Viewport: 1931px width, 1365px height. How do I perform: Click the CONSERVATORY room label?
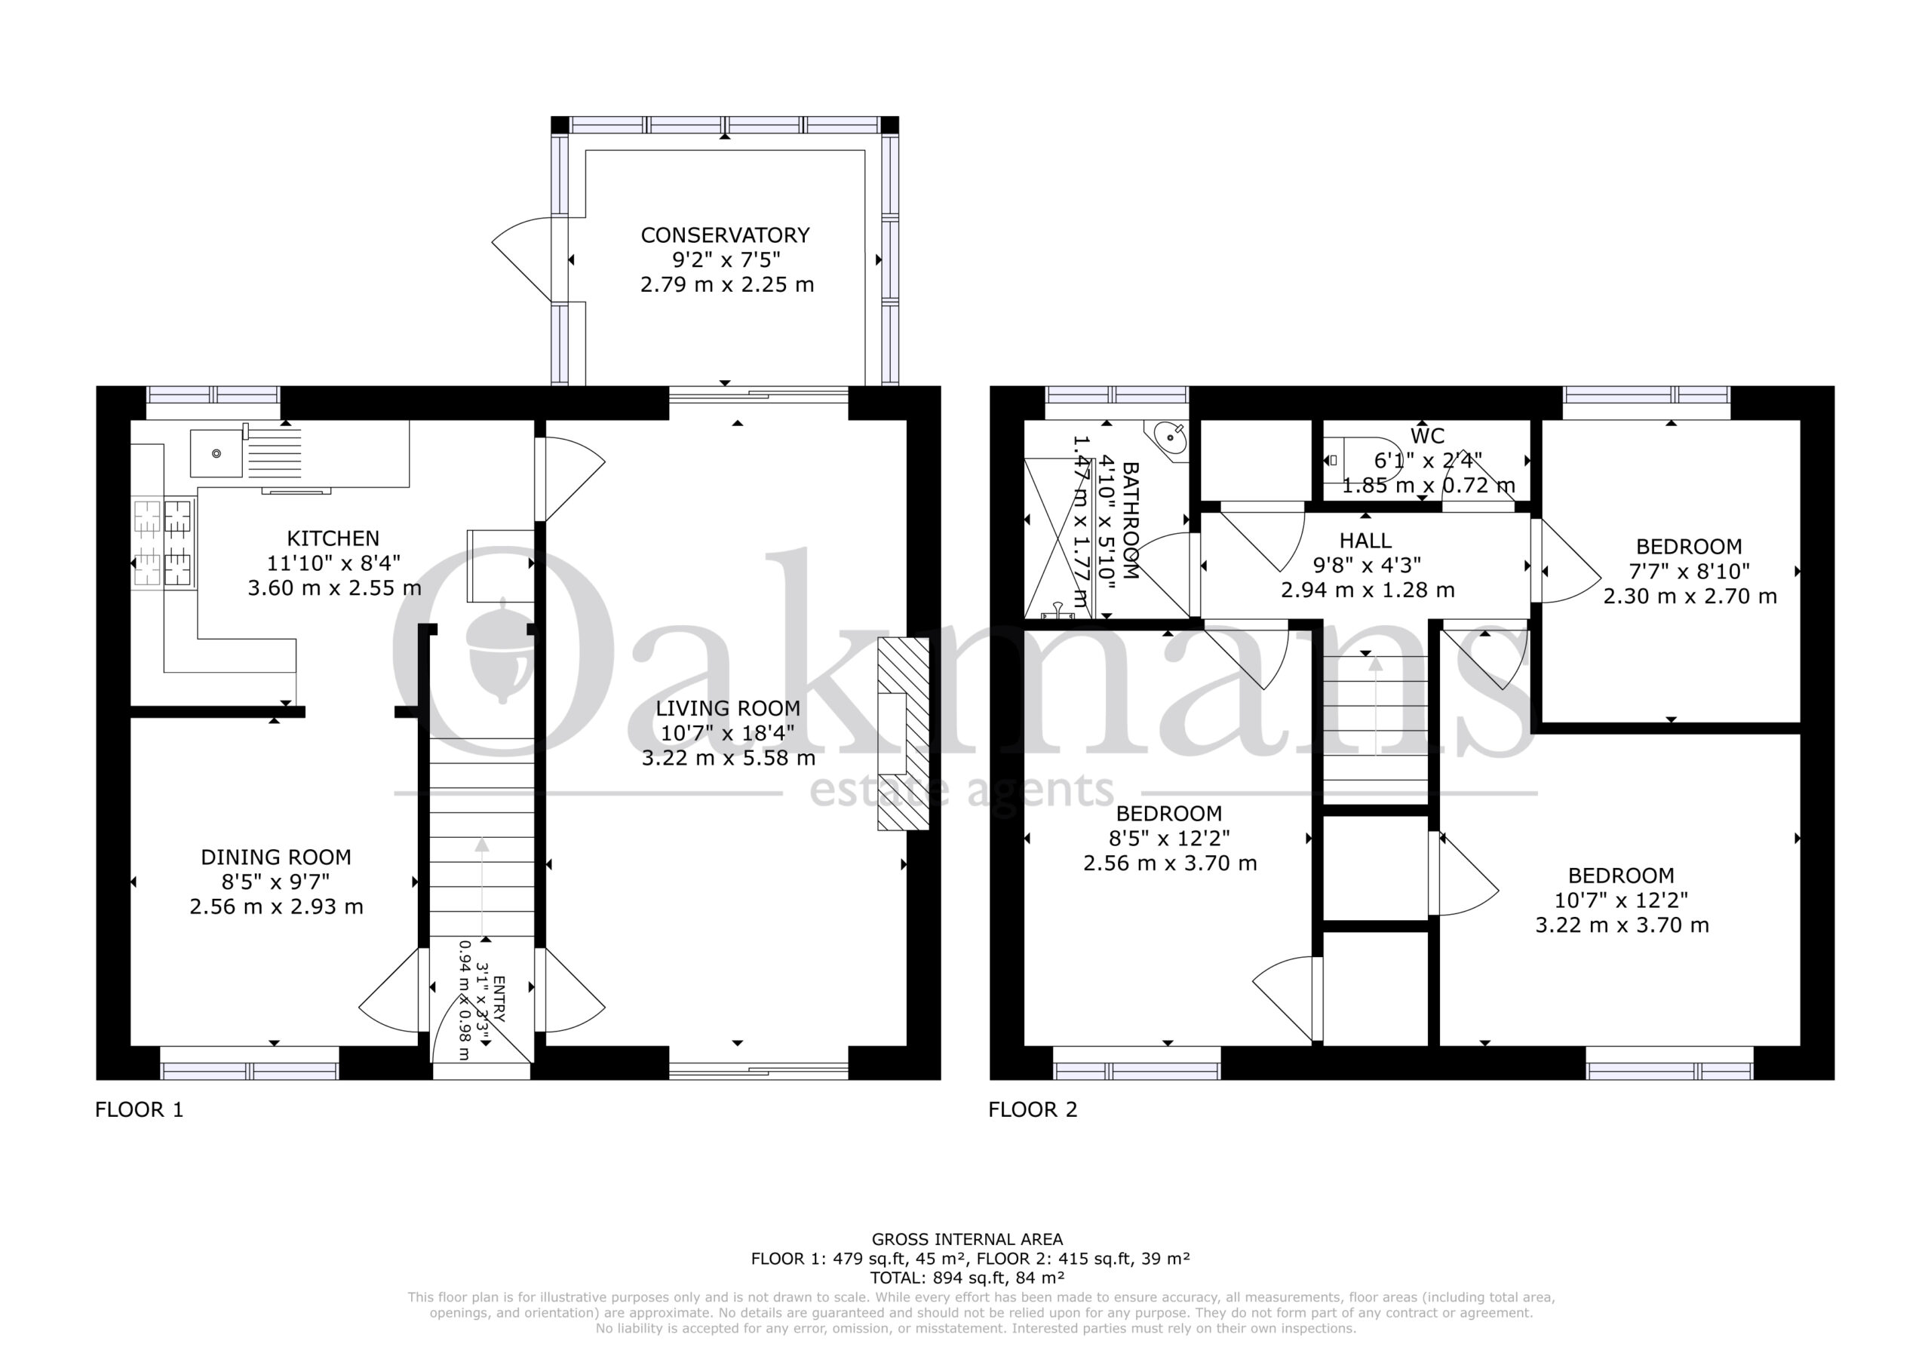(x=725, y=235)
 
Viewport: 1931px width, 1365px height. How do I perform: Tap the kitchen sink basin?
(x=217, y=453)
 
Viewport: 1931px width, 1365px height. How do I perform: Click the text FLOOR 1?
(x=140, y=1109)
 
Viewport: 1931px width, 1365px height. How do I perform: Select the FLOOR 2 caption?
(x=1033, y=1109)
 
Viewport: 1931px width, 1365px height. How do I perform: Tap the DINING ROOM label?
(x=276, y=857)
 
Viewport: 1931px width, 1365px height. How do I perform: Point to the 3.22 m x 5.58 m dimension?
(x=729, y=758)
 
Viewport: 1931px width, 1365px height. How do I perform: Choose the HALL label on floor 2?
(x=1366, y=541)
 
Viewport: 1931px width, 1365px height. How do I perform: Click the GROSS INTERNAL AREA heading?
(x=967, y=1239)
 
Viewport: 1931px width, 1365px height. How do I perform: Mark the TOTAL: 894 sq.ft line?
(x=967, y=1278)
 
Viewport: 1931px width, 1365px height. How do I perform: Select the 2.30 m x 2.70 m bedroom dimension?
(x=1690, y=597)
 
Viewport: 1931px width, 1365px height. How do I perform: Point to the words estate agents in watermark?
(x=961, y=791)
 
